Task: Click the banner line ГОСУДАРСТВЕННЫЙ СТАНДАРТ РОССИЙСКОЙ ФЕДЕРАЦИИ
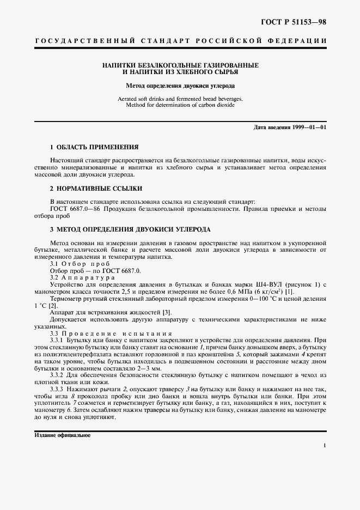pyautogui.click(x=180, y=41)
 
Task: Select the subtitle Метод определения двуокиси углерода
pyautogui.click(x=180, y=86)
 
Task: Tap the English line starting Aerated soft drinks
pyautogui.click(x=180, y=99)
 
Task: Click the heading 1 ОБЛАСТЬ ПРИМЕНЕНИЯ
pyautogui.click(x=94, y=147)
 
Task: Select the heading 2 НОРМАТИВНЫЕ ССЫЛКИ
pyautogui.click(x=96, y=189)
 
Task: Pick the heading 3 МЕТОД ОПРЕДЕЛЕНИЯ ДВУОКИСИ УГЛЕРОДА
pyautogui.click(x=130, y=229)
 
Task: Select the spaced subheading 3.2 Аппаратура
pyautogui.click(x=82, y=277)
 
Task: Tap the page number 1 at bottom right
pyautogui.click(x=325, y=446)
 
